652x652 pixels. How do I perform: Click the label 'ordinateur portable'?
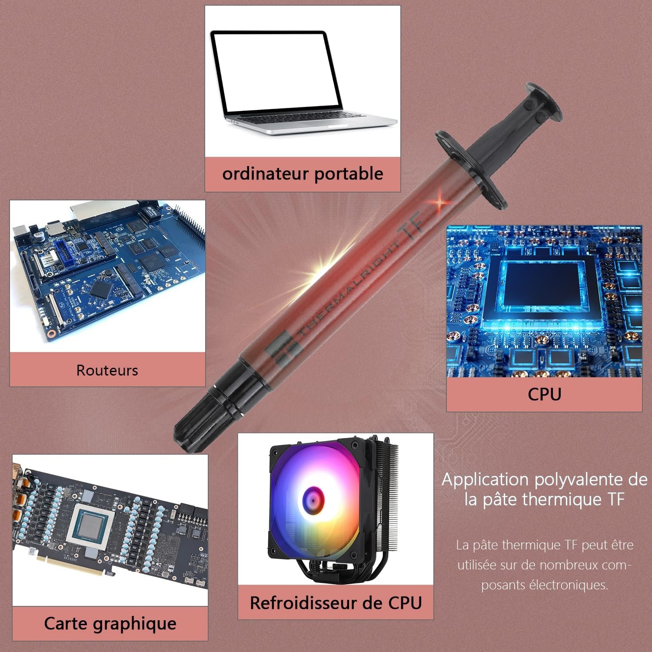[x=303, y=174]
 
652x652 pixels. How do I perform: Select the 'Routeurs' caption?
[x=107, y=370]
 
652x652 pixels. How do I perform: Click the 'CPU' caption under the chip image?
[x=544, y=394]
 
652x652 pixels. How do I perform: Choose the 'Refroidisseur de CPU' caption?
[x=336, y=603]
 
